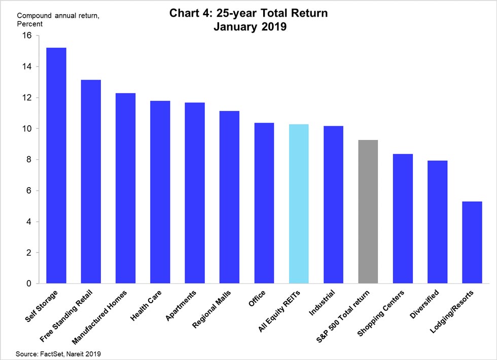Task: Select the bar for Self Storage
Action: pos(56,165)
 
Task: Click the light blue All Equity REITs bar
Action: pos(299,204)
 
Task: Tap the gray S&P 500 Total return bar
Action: pos(368,211)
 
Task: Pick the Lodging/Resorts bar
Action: pos(472,242)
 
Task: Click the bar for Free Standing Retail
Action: pos(91,182)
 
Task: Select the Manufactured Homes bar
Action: pos(125,188)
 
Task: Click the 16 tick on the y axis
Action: pos(26,35)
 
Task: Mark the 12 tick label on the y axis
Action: pos(26,97)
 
